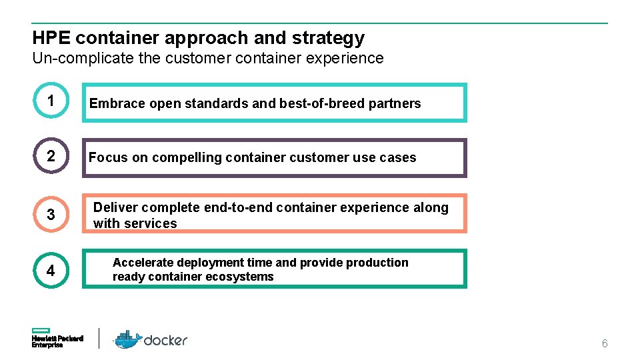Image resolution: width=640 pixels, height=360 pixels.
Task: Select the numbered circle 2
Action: coord(51,157)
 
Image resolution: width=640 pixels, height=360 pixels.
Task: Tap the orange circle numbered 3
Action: coord(51,214)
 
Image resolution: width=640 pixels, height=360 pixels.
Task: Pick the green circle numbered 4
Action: coord(51,270)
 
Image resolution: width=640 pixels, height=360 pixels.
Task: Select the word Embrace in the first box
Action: coord(117,103)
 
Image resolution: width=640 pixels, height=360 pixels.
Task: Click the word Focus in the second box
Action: coord(107,157)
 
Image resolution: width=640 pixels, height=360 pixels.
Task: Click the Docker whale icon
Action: coord(128,339)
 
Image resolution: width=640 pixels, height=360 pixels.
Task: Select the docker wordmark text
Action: coord(166,340)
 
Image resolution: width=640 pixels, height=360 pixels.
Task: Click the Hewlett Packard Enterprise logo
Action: coord(57,338)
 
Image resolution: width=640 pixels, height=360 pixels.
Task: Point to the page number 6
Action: coord(605,344)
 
